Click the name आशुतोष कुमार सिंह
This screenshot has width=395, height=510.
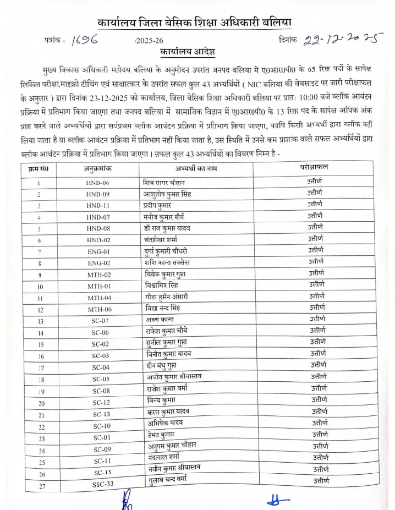[168, 194]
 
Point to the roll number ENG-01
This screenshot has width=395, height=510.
[98, 251]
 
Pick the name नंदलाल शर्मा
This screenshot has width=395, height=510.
[162, 458]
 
